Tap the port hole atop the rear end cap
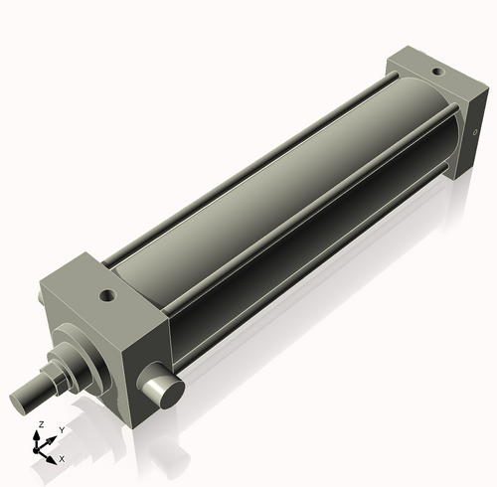[x=434, y=72]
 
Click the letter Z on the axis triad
[x=40, y=424]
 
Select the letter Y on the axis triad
[x=62, y=429]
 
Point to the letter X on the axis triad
[x=62, y=459]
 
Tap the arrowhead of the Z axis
[x=40, y=435]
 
